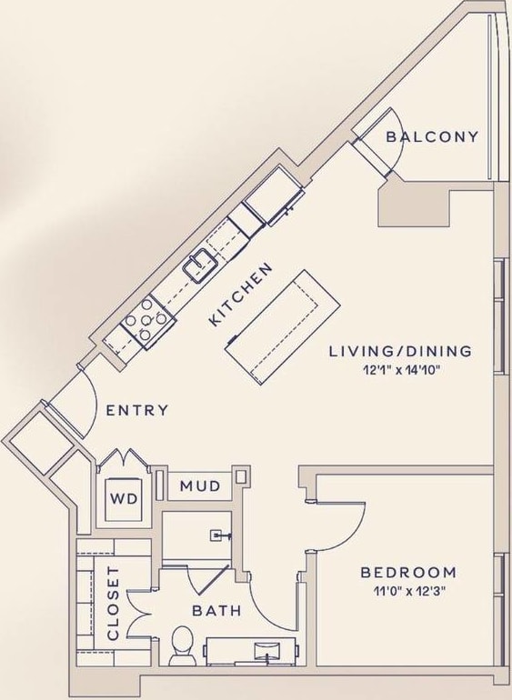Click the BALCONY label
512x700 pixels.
click(x=432, y=137)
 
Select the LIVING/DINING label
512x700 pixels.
click(x=400, y=351)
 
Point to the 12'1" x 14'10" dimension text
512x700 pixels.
click(x=400, y=369)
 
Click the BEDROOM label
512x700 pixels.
click(x=408, y=572)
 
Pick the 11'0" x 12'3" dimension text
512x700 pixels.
click(x=408, y=590)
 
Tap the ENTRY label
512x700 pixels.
click(x=137, y=410)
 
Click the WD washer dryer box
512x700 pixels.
click(x=123, y=499)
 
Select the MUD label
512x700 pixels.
click(x=199, y=486)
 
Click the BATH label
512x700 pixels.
click(x=216, y=610)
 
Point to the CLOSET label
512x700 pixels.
click(x=114, y=603)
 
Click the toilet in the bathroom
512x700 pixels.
click(x=182, y=642)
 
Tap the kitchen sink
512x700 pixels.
click(x=199, y=265)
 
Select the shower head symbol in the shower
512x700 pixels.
click(x=218, y=535)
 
